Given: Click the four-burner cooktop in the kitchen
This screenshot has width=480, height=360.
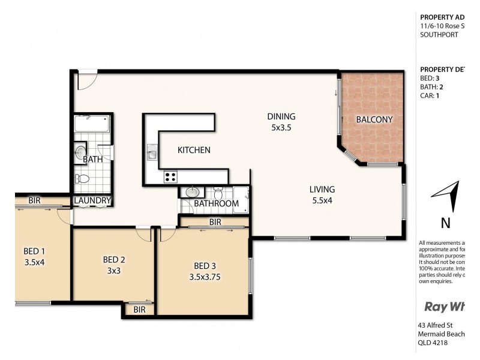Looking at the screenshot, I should (x=170, y=176).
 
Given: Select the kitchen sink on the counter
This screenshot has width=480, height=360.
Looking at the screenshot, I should (x=152, y=155).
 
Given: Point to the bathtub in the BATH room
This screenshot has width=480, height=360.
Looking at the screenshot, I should (x=92, y=125).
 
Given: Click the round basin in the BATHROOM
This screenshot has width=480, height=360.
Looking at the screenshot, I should (x=192, y=193).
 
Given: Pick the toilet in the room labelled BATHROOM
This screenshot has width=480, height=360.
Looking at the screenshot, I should (x=218, y=193).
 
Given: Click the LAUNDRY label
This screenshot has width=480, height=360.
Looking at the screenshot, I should (x=93, y=200).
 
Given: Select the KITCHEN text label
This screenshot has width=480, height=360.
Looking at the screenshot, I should (x=193, y=150).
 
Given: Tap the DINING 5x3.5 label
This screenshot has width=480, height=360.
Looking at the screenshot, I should (x=281, y=122).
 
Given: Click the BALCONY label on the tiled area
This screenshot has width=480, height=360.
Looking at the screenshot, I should (x=374, y=119).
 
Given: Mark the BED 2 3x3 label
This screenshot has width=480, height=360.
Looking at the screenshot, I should (x=113, y=265).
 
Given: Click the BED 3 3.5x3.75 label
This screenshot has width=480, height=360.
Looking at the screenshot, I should (x=205, y=271).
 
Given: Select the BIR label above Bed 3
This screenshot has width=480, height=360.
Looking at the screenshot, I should (x=215, y=221).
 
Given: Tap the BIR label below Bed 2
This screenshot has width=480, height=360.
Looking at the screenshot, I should (x=139, y=310).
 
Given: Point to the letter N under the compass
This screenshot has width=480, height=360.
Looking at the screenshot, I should (x=446, y=223).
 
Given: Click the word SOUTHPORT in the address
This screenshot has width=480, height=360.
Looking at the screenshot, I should (x=440, y=35).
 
